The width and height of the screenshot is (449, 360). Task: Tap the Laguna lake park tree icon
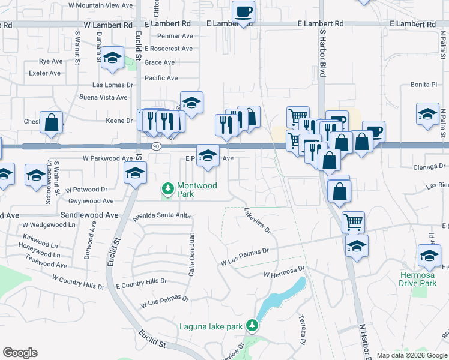253,326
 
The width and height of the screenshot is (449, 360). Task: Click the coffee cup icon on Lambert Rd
243,12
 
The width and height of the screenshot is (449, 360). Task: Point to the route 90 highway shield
156,146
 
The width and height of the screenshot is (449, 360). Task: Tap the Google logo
20,353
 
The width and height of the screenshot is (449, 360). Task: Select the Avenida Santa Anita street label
161,215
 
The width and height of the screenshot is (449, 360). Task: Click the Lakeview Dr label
258,220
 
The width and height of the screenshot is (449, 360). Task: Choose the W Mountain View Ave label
100,5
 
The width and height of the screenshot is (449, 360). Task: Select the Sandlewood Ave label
89,214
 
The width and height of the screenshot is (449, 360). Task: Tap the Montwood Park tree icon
169,190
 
